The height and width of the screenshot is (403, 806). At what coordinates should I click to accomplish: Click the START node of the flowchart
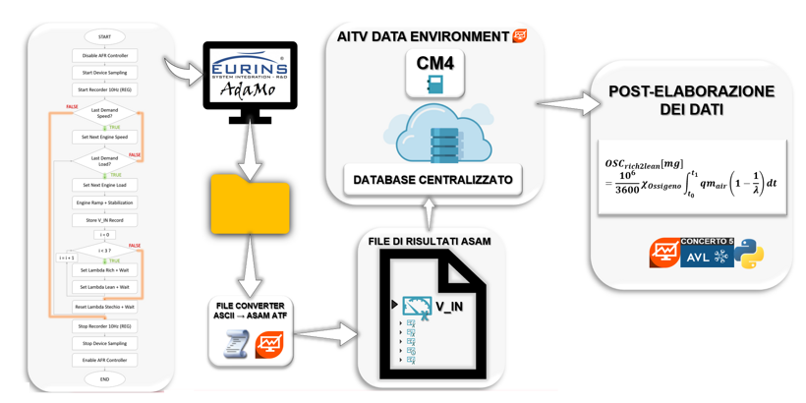pos(104,37)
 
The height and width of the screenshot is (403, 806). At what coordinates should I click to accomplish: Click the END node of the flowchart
pos(104,378)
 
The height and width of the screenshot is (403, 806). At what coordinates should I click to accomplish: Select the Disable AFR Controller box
pos(104,55)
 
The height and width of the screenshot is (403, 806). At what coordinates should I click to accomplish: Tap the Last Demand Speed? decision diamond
pos(104,112)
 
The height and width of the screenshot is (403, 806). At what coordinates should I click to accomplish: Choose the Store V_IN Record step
pos(104,220)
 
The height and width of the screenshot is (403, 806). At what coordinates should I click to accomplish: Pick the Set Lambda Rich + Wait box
pos(104,269)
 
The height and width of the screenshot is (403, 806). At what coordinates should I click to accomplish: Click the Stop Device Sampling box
pos(104,343)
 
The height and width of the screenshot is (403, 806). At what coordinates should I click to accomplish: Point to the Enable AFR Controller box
pos(104,360)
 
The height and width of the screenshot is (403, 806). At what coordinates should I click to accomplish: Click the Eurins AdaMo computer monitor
pos(250,79)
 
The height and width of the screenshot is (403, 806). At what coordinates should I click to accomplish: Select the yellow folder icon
pos(251,204)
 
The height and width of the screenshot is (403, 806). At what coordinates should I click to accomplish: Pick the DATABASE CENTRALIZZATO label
pos(433,180)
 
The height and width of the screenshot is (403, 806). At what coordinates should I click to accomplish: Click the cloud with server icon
pos(435,136)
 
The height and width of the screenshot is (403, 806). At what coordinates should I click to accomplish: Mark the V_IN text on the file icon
pos(449,307)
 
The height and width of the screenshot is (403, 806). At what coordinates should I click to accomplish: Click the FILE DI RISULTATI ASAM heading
pos(430,241)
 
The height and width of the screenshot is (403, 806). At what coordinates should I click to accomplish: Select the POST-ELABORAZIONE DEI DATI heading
pos(691,100)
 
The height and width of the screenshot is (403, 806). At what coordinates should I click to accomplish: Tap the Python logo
pos(750,254)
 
